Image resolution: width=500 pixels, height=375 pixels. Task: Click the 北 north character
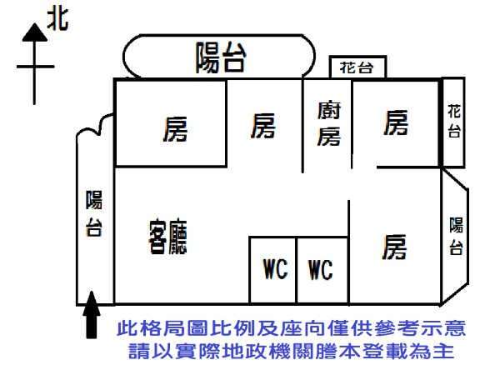click(57, 19)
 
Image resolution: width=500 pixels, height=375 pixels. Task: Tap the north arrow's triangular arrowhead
click(35, 32)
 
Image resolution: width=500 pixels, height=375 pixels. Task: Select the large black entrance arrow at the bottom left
click(92, 314)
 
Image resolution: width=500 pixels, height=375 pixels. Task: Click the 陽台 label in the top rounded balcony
click(221, 57)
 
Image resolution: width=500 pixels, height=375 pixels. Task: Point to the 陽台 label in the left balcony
click(93, 213)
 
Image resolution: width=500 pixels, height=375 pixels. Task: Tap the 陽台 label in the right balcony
click(456, 236)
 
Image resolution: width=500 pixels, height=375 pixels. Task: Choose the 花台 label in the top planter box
click(356, 67)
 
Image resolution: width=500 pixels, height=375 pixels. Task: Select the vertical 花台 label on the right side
click(454, 121)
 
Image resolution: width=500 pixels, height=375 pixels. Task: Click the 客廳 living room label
click(168, 237)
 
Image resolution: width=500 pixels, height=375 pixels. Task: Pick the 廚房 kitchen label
click(329, 123)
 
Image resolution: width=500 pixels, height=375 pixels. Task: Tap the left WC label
click(276, 269)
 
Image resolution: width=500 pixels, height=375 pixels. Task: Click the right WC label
click(321, 269)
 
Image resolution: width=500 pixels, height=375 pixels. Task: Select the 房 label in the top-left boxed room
click(175, 129)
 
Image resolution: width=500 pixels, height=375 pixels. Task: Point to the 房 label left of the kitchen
click(263, 126)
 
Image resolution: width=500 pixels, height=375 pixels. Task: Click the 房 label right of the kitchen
click(396, 122)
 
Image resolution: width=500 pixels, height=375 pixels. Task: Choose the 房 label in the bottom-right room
click(394, 247)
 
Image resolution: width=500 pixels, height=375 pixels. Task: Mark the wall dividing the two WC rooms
click(296, 270)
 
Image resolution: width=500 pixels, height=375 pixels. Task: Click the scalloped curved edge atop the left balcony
click(94, 125)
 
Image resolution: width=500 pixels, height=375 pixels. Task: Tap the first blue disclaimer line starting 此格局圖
click(291, 328)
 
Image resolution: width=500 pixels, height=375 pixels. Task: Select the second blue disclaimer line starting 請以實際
click(291, 351)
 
